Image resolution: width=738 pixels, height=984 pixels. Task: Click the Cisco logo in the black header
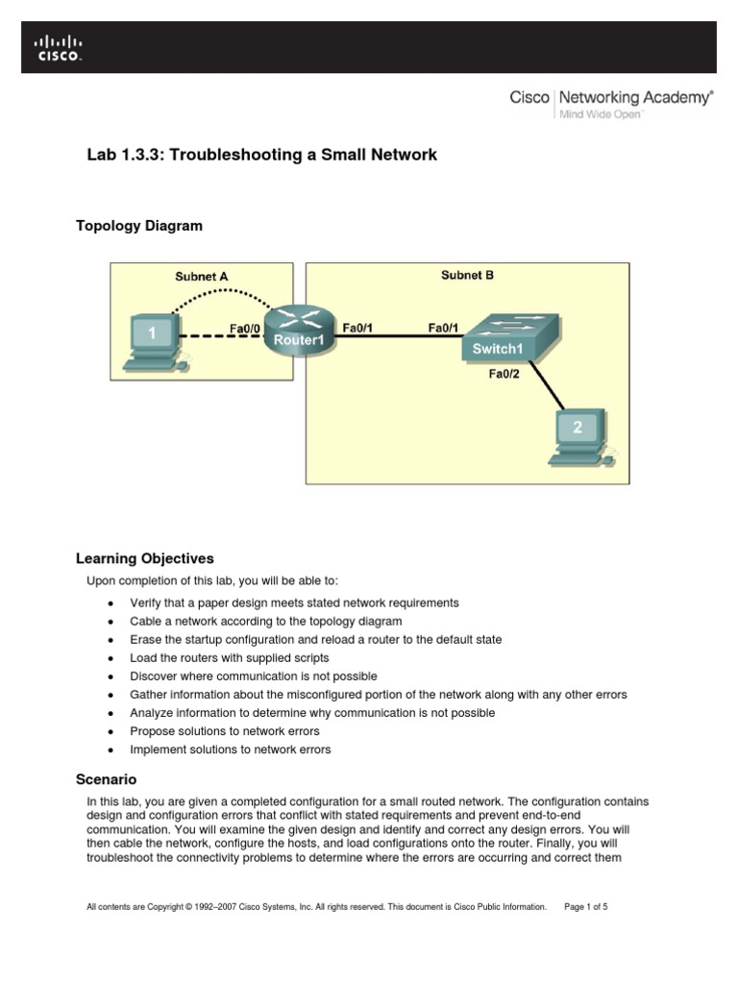click(x=59, y=48)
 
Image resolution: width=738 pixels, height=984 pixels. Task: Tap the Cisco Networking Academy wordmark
click(x=611, y=98)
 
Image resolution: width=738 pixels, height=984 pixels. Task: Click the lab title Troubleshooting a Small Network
click(x=261, y=155)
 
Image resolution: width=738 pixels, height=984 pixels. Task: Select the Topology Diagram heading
click(x=139, y=226)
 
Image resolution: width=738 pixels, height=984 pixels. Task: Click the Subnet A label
click(x=201, y=277)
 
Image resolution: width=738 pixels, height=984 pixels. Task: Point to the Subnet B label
click(x=467, y=275)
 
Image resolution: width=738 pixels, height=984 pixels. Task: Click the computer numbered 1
click(x=154, y=343)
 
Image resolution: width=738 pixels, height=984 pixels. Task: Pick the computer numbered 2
click(x=578, y=437)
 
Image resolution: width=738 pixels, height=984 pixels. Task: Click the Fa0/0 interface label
click(x=244, y=328)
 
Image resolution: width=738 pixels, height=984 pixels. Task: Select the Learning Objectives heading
click(x=144, y=558)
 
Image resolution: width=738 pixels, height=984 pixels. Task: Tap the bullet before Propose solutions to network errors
click(x=111, y=732)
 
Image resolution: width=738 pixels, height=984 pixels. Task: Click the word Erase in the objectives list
click(x=145, y=640)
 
